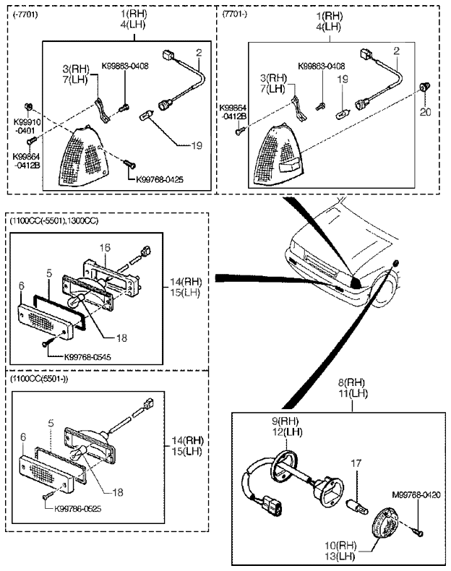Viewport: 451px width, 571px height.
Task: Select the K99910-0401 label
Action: [x=27, y=127]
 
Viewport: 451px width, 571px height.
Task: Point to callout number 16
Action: [x=105, y=247]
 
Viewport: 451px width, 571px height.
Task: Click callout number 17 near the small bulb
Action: [x=353, y=463]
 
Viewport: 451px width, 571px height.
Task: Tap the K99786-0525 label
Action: [x=79, y=507]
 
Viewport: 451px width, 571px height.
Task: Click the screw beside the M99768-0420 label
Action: [x=420, y=533]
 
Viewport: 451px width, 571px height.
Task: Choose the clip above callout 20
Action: [x=424, y=89]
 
